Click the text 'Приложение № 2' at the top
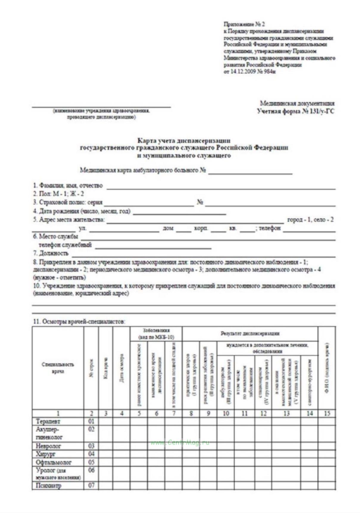coord(244,24)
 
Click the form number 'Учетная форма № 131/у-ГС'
coord(295,111)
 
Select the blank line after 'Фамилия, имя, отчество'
coord(221,186)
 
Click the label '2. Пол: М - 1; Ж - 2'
coord(58,194)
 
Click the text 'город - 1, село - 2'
coord(310,220)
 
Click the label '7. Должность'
coord(51,254)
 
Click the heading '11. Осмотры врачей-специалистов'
coord(79,321)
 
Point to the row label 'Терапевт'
coord(48,421)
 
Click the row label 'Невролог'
coord(48,446)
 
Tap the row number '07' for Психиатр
coord(91,485)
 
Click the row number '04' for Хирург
coord(91,454)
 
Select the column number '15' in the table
coord(327,413)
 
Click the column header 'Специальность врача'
coord(58,368)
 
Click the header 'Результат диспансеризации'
coord(250,334)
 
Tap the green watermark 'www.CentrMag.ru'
coord(180,442)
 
